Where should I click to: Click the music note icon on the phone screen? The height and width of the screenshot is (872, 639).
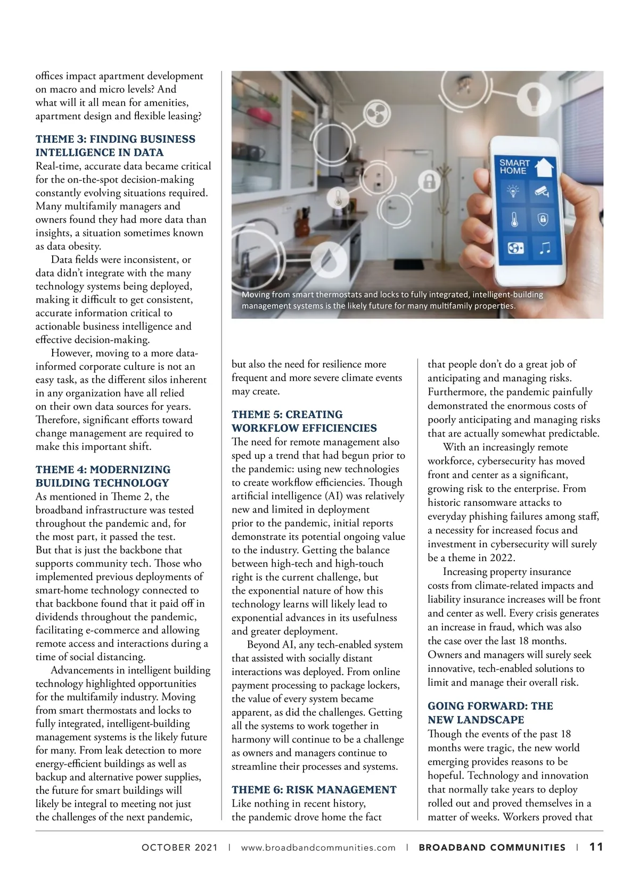click(x=545, y=248)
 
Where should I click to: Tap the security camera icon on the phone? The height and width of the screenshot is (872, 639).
click(x=543, y=191)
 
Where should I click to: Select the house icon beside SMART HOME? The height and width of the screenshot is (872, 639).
click(x=544, y=166)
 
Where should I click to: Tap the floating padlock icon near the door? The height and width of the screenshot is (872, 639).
click(x=429, y=182)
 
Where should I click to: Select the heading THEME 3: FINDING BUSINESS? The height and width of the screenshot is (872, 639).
click(x=116, y=139)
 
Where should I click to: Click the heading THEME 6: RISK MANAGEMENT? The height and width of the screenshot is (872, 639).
click(x=314, y=789)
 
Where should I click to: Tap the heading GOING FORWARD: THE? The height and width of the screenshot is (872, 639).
click(x=490, y=706)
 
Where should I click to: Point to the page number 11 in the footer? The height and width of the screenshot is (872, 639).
click(x=596, y=847)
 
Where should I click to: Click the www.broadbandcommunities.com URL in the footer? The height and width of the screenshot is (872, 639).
click(x=318, y=848)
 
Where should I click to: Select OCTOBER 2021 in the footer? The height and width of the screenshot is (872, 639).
click(x=180, y=848)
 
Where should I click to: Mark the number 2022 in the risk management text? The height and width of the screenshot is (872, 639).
click(x=502, y=557)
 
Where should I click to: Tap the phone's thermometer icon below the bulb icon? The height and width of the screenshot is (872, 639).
click(x=514, y=219)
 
